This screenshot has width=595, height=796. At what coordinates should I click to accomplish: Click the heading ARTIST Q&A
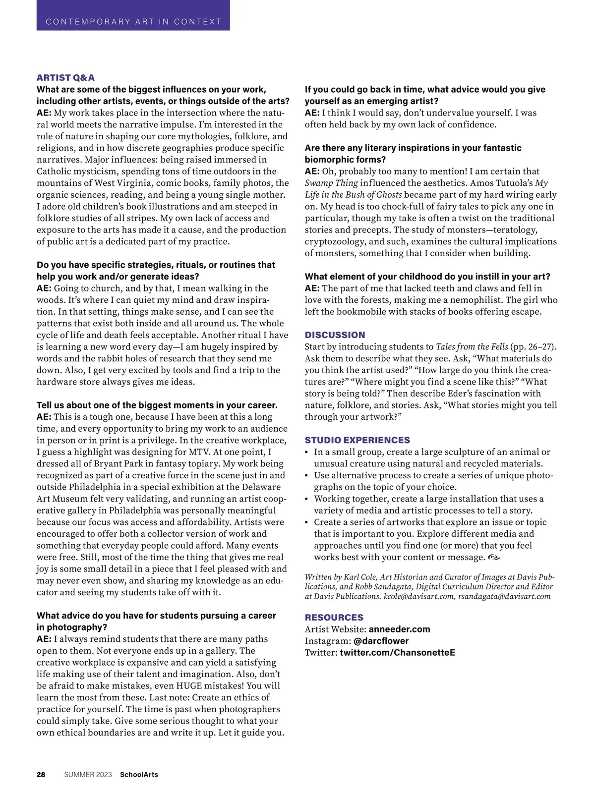pyautogui.click(x=65, y=78)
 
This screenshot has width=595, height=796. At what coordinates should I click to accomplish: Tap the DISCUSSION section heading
pyautogui.click(x=335, y=335)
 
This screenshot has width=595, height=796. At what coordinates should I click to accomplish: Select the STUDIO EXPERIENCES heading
pyautogui.click(x=357, y=440)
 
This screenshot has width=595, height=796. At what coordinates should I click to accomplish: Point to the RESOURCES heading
pyautogui.click(x=334, y=618)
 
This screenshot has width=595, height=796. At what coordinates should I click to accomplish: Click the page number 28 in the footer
pyautogui.click(x=41, y=775)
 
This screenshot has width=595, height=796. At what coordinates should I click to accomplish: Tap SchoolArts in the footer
pyautogui.click(x=139, y=775)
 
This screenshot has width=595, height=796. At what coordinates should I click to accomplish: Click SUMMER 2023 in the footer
pyautogui.click(x=88, y=775)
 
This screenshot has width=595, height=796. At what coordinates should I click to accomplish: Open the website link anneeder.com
pyautogui.click(x=399, y=629)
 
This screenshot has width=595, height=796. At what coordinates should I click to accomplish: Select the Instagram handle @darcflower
pyautogui.click(x=381, y=641)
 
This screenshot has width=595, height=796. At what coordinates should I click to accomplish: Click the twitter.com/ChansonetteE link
pyautogui.click(x=397, y=653)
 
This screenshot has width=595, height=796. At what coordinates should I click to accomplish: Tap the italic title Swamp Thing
pyautogui.click(x=331, y=183)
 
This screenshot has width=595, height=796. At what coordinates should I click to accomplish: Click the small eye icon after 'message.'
pyautogui.click(x=494, y=558)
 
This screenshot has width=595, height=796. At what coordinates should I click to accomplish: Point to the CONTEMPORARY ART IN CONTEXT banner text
pyautogui.click(x=133, y=22)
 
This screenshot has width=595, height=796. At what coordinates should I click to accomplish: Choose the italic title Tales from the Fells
pyautogui.click(x=472, y=347)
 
